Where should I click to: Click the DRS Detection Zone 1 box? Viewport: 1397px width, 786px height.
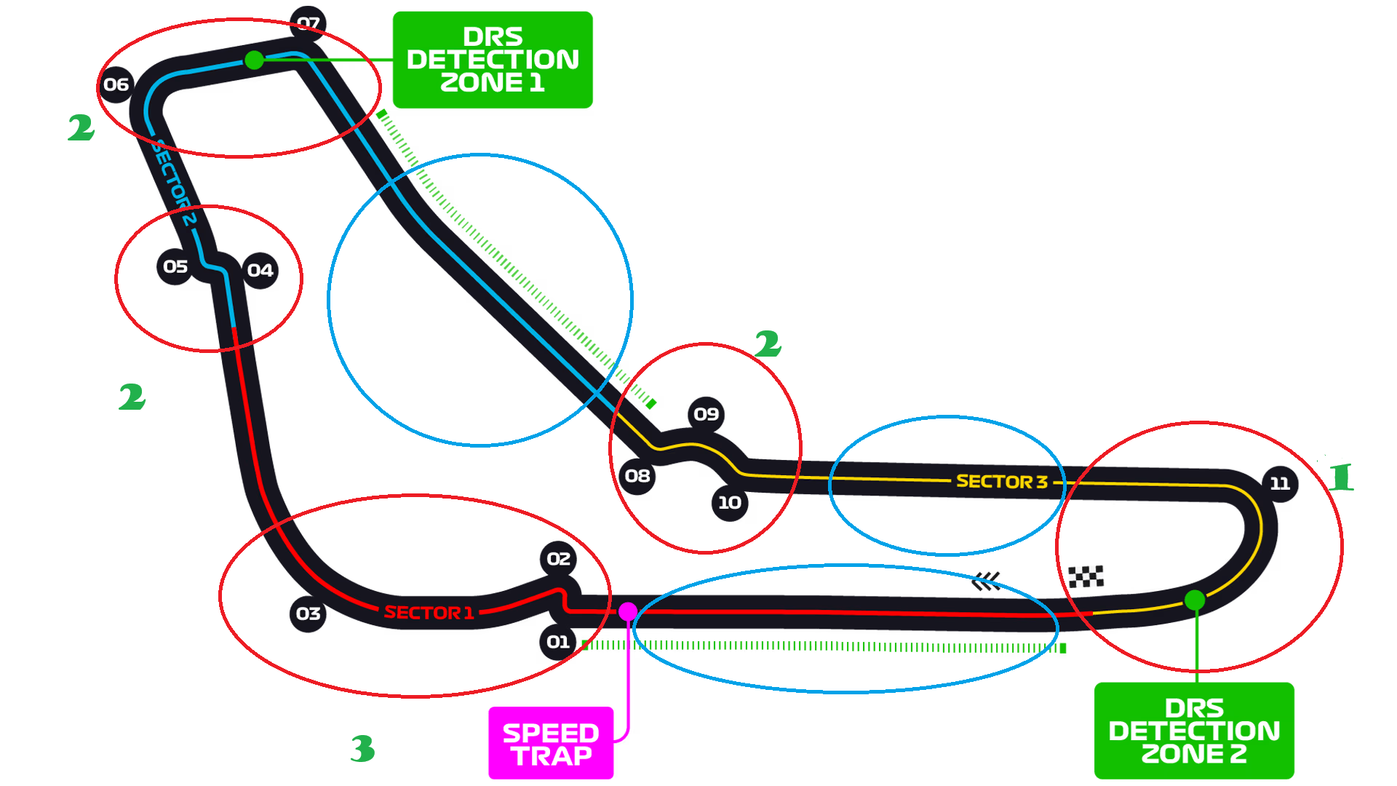pos(493,60)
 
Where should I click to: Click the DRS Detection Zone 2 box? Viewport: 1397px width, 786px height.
pos(1194,731)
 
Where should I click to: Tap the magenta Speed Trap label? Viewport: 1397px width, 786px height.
pos(551,744)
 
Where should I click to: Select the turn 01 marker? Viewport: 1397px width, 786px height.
pos(558,642)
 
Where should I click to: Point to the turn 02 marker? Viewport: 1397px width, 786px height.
pos(559,559)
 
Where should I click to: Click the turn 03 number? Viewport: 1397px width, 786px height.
pos(309,614)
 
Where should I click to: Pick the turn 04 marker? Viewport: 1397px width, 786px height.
pos(260,271)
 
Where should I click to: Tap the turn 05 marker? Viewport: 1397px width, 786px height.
pos(175,267)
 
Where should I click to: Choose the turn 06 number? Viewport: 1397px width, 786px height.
pos(116,84)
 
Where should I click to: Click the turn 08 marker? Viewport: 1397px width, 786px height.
pos(637,476)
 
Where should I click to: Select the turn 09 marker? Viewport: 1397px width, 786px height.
pos(706,414)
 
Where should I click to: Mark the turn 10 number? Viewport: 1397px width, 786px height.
pos(730,502)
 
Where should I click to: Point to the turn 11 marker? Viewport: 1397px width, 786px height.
pos(1280,483)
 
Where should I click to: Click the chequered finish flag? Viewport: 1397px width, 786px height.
pos(1086,576)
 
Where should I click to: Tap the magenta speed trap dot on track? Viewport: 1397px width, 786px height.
pos(628,611)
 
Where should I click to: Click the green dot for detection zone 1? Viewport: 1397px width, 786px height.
pos(254,60)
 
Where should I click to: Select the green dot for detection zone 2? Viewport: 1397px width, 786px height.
pos(1195,600)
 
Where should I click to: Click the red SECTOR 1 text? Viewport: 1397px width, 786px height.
pos(429,613)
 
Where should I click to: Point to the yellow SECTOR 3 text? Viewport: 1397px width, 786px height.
pos(1001,482)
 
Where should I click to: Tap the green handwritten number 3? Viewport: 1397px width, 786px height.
pos(362,749)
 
